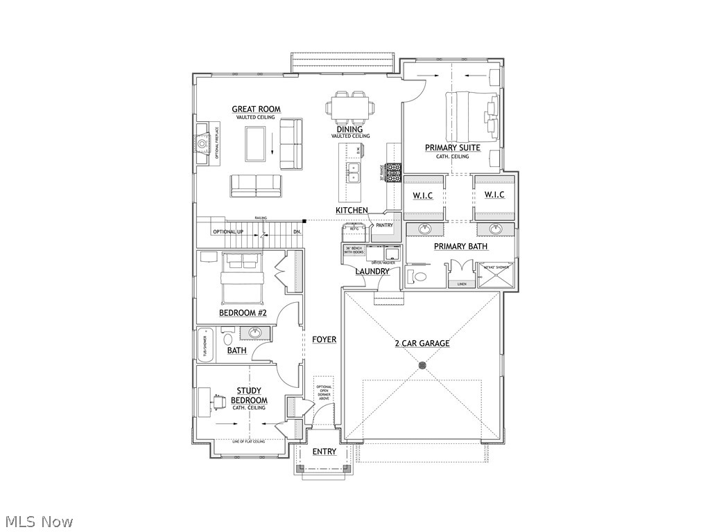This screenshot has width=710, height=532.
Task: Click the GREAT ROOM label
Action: pyautogui.click(x=256, y=109)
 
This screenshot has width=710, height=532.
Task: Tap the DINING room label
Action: pyautogui.click(x=349, y=129)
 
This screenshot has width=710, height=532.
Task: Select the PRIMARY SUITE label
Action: pyautogui.click(x=452, y=148)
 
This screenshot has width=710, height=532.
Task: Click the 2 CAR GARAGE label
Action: pyautogui.click(x=422, y=343)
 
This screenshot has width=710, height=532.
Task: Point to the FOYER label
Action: pyautogui.click(x=324, y=339)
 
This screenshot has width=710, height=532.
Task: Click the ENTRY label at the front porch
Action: pyautogui.click(x=324, y=452)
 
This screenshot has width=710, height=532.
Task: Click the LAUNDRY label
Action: pyautogui.click(x=372, y=272)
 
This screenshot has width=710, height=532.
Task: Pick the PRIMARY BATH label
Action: pyautogui.click(x=460, y=246)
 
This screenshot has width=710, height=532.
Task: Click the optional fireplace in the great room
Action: pyautogui.click(x=202, y=143)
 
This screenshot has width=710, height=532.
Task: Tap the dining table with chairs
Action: pyautogui.click(x=350, y=107)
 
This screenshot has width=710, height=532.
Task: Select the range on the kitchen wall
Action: pyautogui.click(x=394, y=172)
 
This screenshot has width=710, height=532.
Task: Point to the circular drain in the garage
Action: pyautogui.click(x=422, y=365)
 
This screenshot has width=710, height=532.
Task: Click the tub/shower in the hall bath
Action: pyautogui.click(x=205, y=344)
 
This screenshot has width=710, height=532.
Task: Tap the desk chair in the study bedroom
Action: pyautogui.click(x=218, y=401)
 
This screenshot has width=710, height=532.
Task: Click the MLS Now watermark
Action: pyautogui.click(x=38, y=521)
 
